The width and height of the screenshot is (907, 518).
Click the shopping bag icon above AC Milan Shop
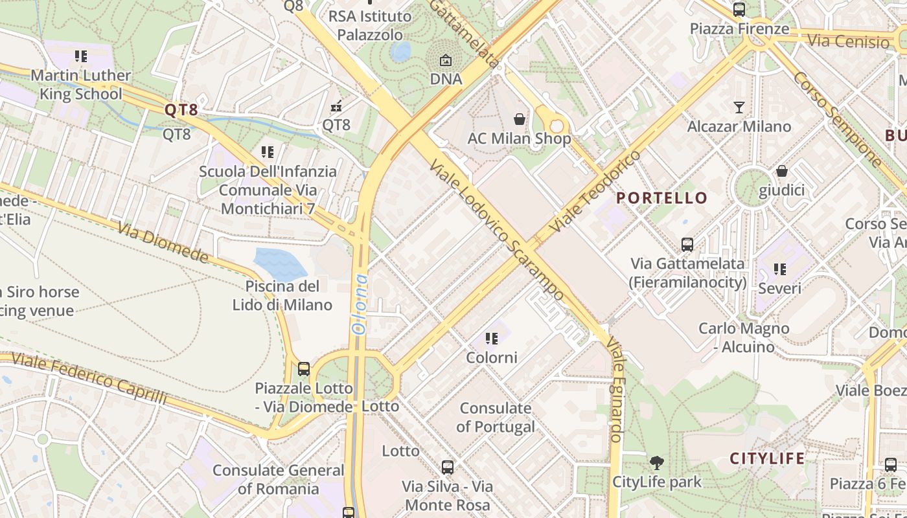520,119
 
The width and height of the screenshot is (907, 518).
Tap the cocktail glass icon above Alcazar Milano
739,107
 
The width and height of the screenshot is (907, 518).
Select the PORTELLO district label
661,198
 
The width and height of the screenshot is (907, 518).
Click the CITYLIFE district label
767,458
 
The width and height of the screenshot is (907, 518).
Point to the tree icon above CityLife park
657,462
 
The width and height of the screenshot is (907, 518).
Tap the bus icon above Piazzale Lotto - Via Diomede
303,369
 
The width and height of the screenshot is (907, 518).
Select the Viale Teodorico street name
595,192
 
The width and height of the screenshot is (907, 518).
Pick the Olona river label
360,304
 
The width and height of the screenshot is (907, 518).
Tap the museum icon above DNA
446,60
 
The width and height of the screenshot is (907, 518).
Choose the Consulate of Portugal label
496,418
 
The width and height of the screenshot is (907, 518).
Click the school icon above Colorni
492,339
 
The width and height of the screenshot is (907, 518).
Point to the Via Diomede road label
163,243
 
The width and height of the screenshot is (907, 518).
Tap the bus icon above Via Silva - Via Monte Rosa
447,467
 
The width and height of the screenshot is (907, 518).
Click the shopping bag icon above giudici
782,171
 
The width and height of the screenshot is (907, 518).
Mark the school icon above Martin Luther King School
81,56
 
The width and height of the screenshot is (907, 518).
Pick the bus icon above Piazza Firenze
739,10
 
